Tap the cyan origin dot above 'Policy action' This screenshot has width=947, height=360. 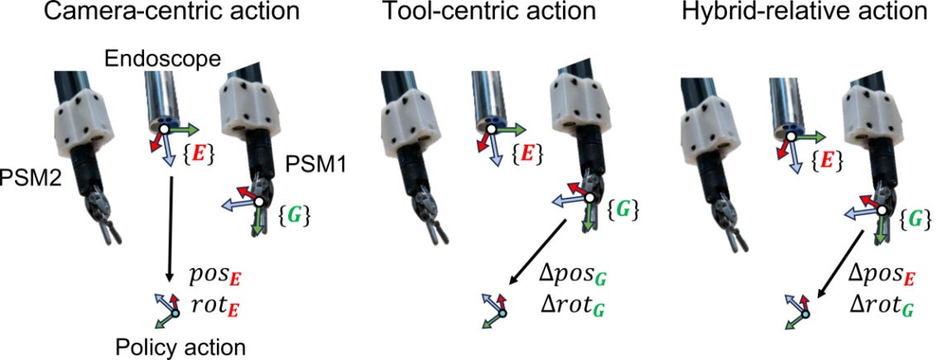175,314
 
